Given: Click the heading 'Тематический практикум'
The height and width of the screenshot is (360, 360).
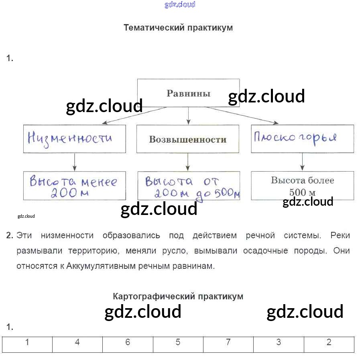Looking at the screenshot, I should (x=178, y=28).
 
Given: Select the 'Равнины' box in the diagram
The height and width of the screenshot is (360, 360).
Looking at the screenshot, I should (x=188, y=93).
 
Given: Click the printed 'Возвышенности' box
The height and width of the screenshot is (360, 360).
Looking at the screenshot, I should (x=188, y=139).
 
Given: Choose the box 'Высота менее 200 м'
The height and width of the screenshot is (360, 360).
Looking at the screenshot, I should (x=74, y=186).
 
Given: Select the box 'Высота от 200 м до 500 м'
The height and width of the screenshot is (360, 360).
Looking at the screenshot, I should (x=189, y=186).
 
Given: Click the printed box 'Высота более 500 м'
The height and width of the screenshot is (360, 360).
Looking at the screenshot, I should (x=302, y=185).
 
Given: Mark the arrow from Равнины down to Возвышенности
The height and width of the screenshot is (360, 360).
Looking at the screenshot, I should (x=188, y=116).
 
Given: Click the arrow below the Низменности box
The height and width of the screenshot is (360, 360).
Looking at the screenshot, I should (x=74, y=162).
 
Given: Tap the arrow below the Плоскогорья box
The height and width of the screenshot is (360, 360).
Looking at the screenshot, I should (x=302, y=162).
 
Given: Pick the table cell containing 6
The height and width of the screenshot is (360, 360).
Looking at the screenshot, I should (x=128, y=343).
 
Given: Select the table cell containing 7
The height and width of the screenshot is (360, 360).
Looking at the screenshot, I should (x=228, y=343).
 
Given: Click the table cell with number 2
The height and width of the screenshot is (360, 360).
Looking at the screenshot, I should (x=329, y=343).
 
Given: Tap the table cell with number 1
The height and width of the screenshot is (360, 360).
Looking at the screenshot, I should (x=27, y=343).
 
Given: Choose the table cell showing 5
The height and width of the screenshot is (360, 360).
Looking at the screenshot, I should (x=178, y=343).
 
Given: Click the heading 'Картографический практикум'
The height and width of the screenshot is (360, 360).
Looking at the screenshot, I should (x=178, y=297).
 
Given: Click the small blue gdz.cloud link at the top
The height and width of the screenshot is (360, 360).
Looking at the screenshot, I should (x=180, y=5).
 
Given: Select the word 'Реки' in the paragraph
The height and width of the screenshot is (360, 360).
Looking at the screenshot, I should (x=340, y=235).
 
